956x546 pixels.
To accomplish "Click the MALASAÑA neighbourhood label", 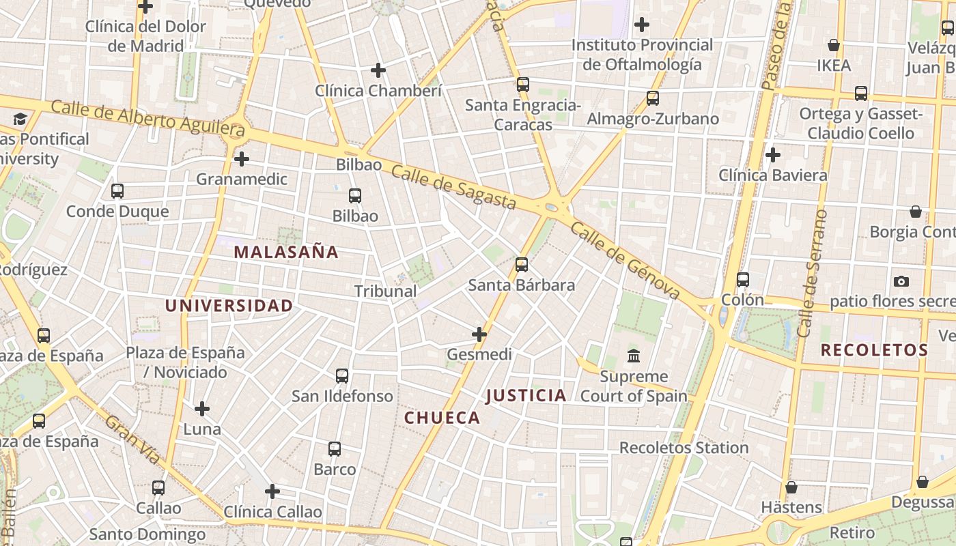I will [x=286, y=252].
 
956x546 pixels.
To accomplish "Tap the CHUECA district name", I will [x=442, y=418].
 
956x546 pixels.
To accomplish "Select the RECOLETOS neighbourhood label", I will [x=874, y=351].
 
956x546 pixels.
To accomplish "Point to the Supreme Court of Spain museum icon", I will [x=634, y=356].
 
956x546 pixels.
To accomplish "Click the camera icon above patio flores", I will [x=901, y=281].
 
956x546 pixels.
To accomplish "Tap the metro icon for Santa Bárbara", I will [x=522, y=264].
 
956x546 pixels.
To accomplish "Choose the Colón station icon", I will [x=743, y=280].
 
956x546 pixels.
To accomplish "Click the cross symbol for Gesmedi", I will [x=479, y=334].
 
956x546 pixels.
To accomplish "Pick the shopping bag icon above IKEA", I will [x=834, y=45].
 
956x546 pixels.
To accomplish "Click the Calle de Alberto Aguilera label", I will [x=147, y=117].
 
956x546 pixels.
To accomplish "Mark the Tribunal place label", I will [x=385, y=291].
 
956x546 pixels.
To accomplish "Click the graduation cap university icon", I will [x=20, y=119].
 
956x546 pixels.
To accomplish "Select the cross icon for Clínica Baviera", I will [x=773, y=155].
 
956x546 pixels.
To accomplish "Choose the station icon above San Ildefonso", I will [x=342, y=376].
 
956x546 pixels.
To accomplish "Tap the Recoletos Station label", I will [x=684, y=448].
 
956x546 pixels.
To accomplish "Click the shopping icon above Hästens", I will [x=791, y=487].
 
